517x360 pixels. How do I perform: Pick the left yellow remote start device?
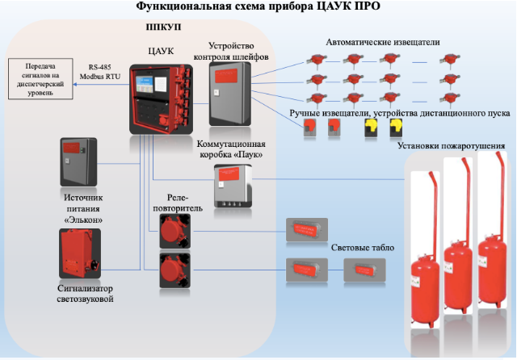pos(372,128)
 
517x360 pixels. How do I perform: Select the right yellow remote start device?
pos(396,128)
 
